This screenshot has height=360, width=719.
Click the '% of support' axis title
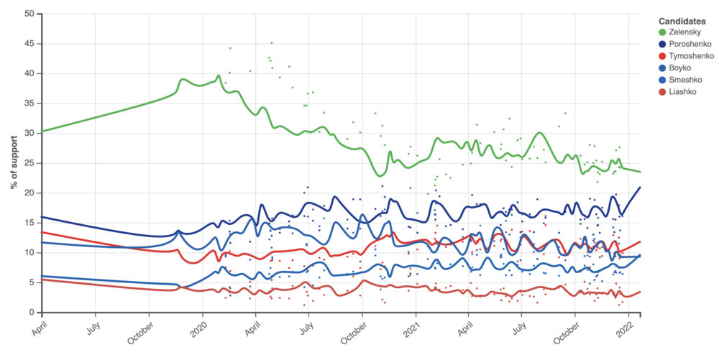pos(14,163)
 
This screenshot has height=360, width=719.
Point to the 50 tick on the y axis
pos(29,14)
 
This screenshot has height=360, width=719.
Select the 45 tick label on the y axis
pos(29,44)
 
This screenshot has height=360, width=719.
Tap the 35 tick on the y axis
pos(29,103)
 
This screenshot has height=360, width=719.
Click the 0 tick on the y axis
pos(31,313)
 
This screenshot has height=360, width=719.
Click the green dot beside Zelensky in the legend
pos(662,32)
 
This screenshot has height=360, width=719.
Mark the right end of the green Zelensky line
pos(640,172)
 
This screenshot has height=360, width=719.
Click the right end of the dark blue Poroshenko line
pos(640,187)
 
